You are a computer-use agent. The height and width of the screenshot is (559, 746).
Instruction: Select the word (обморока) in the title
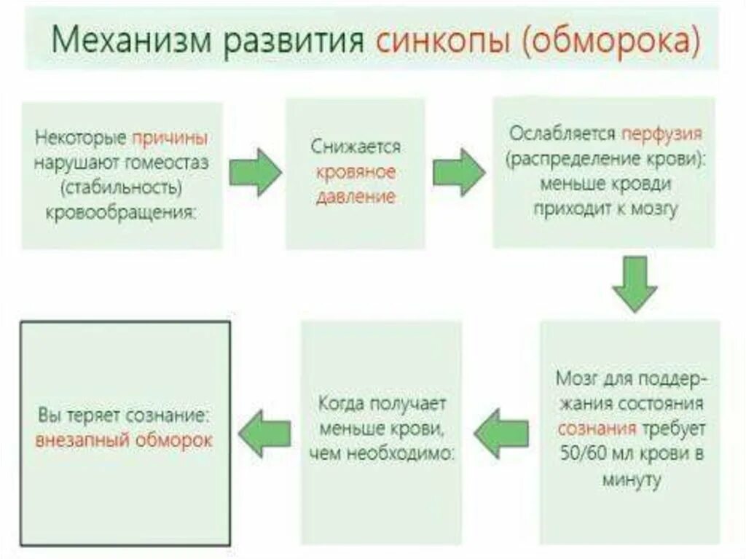[612, 42]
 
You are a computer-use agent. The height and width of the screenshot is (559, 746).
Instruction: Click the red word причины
[170, 137]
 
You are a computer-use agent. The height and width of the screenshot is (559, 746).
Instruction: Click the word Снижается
[356, 146]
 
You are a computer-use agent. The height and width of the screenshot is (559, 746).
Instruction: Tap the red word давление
[356, 197]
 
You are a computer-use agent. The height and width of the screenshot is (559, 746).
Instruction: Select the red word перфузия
[661, 134]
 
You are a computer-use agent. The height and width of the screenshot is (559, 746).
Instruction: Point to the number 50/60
[587, 456]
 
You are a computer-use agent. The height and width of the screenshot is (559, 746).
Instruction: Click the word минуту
[632, 480]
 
